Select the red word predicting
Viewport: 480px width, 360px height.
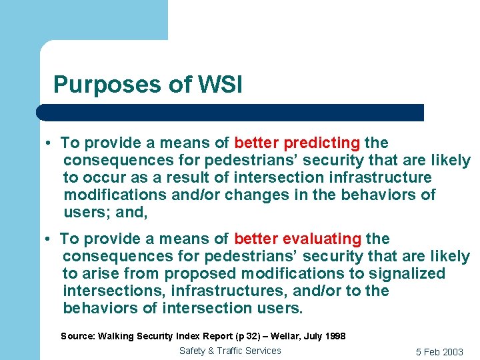(322, 143)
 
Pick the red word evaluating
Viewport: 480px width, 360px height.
(322, 239)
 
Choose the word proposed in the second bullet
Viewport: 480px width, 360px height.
(200, 274)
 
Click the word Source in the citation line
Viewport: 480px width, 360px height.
(77, 336)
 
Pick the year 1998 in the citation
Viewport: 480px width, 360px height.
(335, 336)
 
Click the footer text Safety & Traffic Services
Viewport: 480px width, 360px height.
(230, 351)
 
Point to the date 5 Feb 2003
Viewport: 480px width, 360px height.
(439, 352)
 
